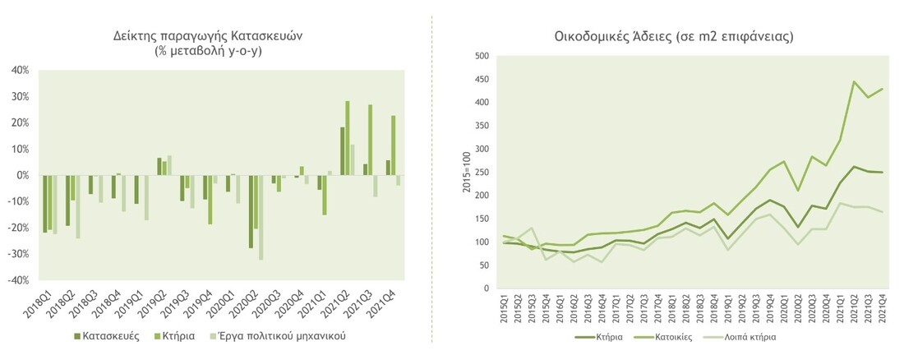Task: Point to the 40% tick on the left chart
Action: point(18,71)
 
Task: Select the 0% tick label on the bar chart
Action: point(21,175)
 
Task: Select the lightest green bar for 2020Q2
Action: point(261,217)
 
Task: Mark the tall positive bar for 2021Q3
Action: point(371,139)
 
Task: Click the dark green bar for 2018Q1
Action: point(44,203)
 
